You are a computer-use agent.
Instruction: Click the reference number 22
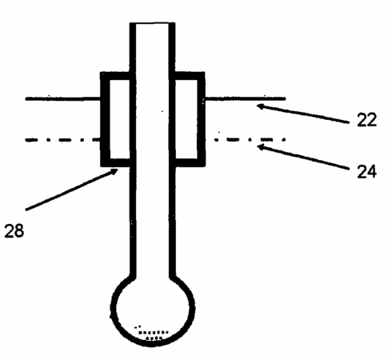pyautogui.click(x=366, y=119)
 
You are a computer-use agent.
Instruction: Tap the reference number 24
pyautogui.click(x=366, y=171)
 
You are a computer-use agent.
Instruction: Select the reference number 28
pyautogui.click(x=14, y=230)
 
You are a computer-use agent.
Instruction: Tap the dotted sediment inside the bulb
pyautogui.click(x=151, y=333)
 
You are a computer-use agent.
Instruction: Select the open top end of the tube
pyautogui.click(x=152, y=24)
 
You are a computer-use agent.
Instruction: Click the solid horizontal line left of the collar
pyautogui.click(x=62, y=99)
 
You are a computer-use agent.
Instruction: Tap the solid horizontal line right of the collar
pyautogui.click(x=245, y=98)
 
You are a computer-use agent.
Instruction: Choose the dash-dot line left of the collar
pyautogui.click(x=62, y=140)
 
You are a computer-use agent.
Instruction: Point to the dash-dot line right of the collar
pyautogui.click(x=250, y=139)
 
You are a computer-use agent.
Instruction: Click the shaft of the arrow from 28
pyautogui.click(x=71, y=190)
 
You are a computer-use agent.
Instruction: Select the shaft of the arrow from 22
pyautogui.click(x=303, y=114)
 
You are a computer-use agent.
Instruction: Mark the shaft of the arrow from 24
pyautogui.click(x=303, y=158)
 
